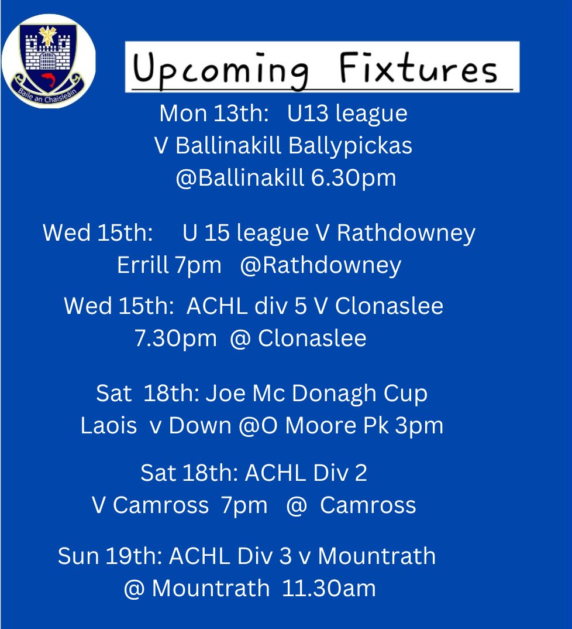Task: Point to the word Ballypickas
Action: pyautogui.click(x=350, y=146)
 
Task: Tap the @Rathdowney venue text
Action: pyautogui.click(x=321, y=266)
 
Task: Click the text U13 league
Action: pyautogui.click(x=347, y=114)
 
